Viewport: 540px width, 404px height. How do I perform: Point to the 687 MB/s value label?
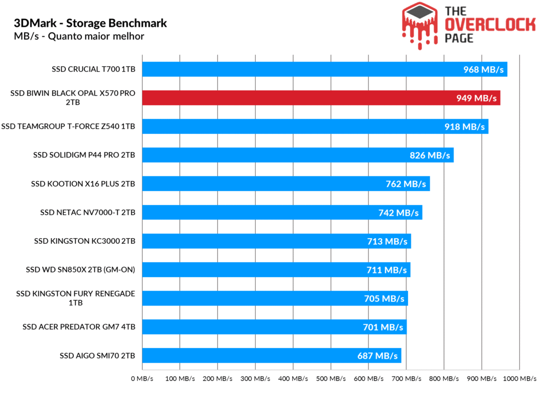click(x=377, y=356)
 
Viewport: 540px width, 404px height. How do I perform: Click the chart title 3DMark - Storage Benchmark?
click(x=90, y=23)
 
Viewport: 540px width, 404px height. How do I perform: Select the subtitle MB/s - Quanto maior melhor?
click(x=79, y=36)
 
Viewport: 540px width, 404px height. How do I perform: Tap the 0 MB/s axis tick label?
click(x=142, y=379)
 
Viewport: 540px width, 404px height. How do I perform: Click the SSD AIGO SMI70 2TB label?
click(x=98, y=356)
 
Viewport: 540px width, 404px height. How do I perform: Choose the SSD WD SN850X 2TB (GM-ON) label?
click(x=80, y=270)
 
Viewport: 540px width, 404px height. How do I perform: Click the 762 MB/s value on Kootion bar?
click(x=406, y=184)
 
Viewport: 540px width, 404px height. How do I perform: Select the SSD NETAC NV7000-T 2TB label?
click(x=88, y=212)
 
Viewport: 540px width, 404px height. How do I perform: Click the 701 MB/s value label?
click(x=382, y=327)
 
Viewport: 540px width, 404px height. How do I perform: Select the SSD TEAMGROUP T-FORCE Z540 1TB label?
click(x=68, y=126)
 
